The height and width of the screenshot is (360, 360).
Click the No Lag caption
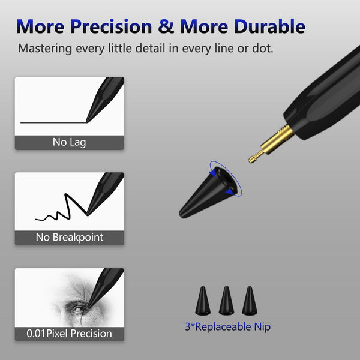(69, 142)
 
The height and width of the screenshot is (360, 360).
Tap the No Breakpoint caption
(69, 237)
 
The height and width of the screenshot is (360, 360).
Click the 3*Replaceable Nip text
(227, 328)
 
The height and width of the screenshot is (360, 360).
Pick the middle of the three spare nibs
(226, 299)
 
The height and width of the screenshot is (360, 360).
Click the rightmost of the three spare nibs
(248, 299)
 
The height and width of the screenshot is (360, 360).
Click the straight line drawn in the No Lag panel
(51, 122)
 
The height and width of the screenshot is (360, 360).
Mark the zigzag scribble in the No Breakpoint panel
(60, 209)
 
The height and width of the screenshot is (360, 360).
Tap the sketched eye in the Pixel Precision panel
(79, 309)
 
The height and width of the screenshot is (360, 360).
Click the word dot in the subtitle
(262, 48)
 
